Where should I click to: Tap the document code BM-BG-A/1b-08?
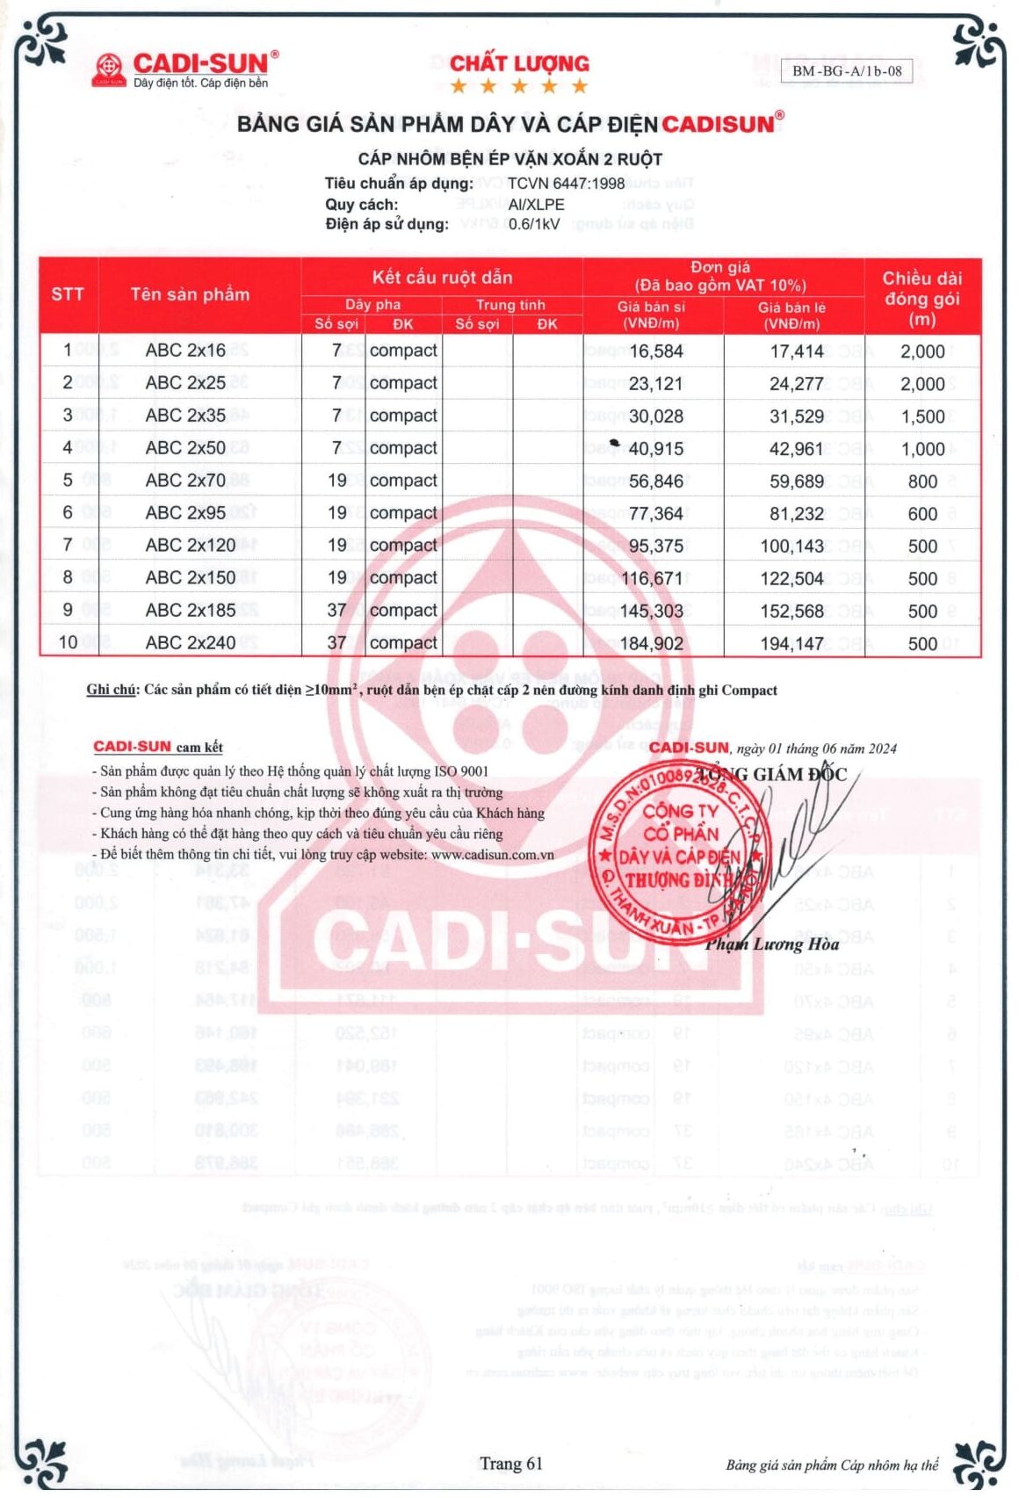pos(847,71)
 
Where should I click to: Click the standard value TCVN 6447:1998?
pos(566,184)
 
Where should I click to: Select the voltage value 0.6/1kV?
pos(534,224)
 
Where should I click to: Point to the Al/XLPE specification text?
pos(536,204)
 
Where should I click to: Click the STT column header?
pos(68,294)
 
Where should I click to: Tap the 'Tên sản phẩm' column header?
pos(190,294)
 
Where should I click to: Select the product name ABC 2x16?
pos(185,351)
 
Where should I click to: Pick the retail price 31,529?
pos(797,416)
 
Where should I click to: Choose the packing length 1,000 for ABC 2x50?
pos(922,449)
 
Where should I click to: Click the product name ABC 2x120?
pos(191,546)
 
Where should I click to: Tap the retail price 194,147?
pos(791,644)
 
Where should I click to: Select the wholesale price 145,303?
pos(651,612)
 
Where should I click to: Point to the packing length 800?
pos(922,481)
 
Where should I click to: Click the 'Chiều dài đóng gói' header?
pos(921,298)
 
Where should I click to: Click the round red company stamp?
pos(680,848)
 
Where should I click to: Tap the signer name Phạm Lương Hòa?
pos(771,944)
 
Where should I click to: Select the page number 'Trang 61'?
pos(510,1464)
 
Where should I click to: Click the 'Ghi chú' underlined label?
pos(111,690)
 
